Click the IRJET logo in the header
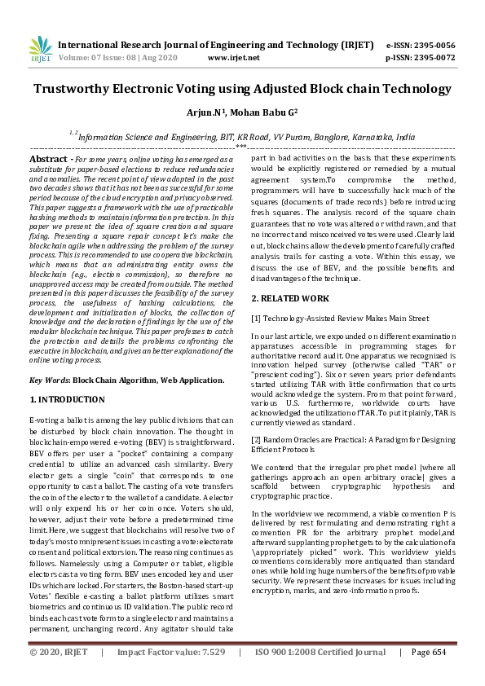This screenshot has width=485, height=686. click(x=41, y=50)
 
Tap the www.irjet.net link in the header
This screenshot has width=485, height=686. click(x=234, y=58)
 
